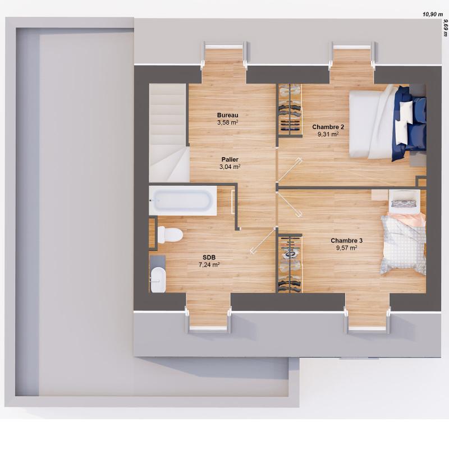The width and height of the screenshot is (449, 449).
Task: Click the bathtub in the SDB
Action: click(x=183, y=200)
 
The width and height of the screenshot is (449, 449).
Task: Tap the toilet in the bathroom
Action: click(x=169, y=234)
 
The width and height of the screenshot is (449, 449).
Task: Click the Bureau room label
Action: click(x=228, y=114)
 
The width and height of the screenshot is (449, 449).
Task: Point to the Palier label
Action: click(x=230, y=159)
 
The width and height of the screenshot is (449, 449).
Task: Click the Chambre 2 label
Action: click(x=328, y=127)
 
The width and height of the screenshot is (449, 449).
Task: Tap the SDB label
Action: click(x=209, y=257)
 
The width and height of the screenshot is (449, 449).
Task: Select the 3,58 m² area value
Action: click(x=228, y=122)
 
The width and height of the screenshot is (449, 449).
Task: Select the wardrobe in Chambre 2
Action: click(x=290, y=110)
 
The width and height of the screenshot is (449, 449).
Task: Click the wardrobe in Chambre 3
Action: click(x=290, y=263)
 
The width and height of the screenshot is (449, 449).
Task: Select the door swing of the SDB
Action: click(x=262, y=241)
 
